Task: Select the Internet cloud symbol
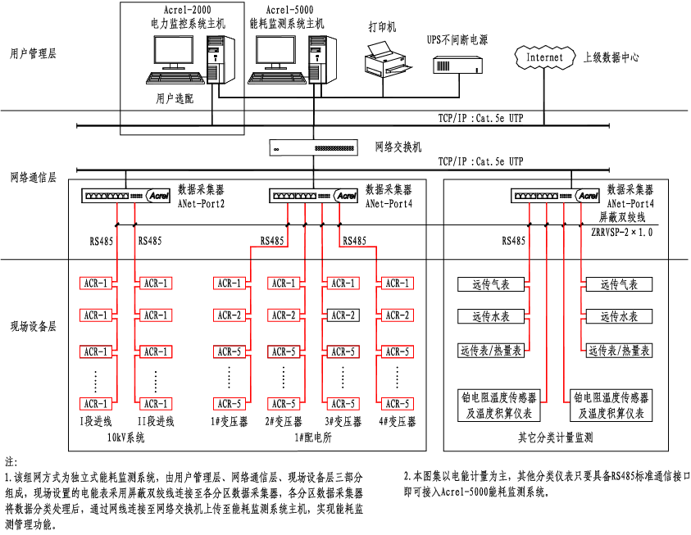coord(544,57)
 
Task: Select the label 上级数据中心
coord(611,57)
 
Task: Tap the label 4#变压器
coord(398,422)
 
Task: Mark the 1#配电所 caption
coord(312,438)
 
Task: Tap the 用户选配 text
coord(175,99)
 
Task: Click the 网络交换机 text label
coord(398,147)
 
